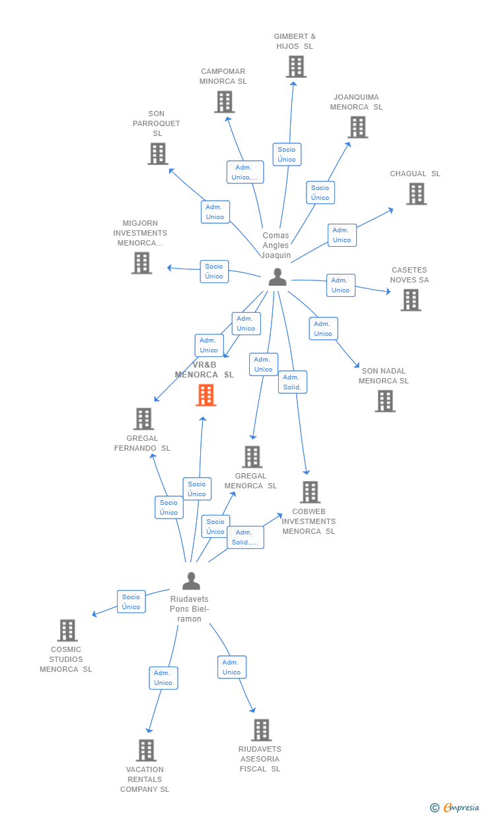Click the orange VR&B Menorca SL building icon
pos(206,395)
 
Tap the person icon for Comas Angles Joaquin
pos(277,277)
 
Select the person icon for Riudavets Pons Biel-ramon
pos(191,581)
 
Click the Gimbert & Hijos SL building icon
pos(296,67)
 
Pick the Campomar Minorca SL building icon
pos(225,102)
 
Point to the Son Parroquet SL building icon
pos(157,154)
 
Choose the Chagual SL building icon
pos(416,194)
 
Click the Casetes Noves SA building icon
pos(411,300)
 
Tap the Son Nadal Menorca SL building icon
pos(385,401)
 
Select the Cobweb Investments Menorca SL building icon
pos(310,492)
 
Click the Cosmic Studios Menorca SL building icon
pos(67,630)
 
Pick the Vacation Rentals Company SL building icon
pos(146,750)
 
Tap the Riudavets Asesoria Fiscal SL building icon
pos(261,730)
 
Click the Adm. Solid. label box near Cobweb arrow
pos(292,382)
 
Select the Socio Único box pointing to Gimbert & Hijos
pos(287,154)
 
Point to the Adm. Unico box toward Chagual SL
pos(342,235)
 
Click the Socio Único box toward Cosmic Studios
pos(131,602)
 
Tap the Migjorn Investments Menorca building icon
pos(141,263)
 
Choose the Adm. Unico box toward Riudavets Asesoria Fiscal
pos(231,667)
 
